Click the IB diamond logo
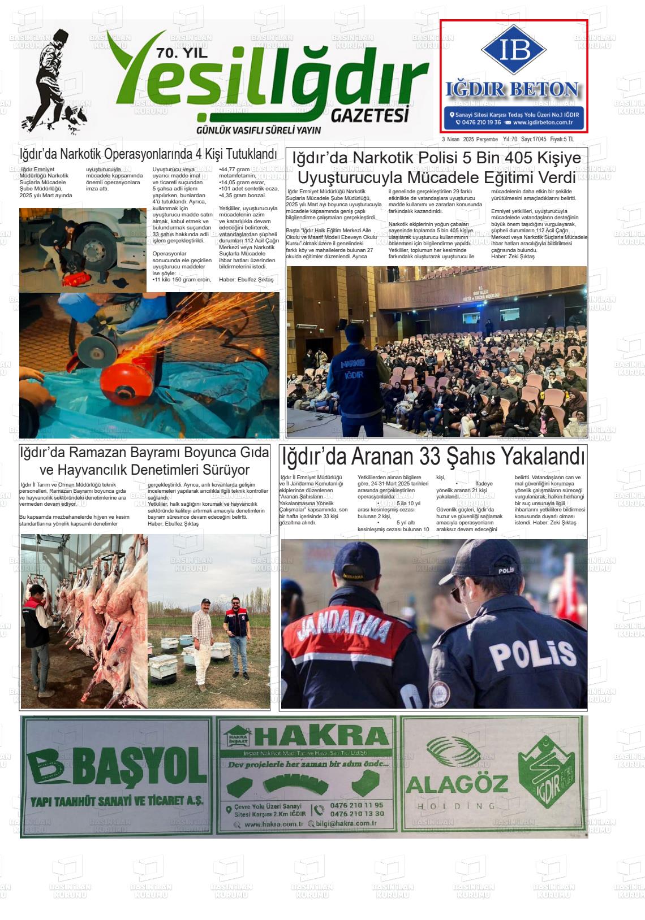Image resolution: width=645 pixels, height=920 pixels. coord(514,50)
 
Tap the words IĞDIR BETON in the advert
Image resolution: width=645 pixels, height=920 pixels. coord(513,89)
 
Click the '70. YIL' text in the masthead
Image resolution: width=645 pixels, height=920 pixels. coord(182,54)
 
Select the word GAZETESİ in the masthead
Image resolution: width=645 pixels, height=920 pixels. coord(369,115)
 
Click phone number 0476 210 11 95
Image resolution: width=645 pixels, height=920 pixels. coord(356,805)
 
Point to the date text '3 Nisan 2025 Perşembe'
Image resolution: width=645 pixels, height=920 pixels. coord(470,140)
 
